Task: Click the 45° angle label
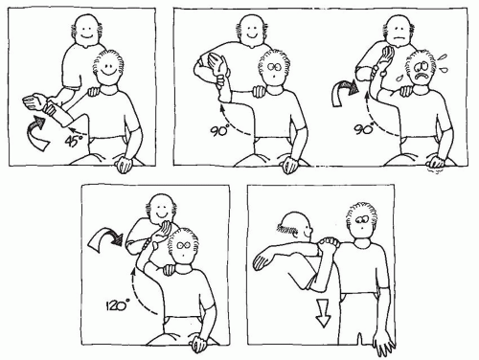(x=74, y=142)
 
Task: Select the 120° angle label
(x=116, y=305)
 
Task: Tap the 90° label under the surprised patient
(x=219, y=130)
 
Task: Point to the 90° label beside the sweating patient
(x=364, y=129)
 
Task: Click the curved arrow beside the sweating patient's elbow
(x=345, y=92)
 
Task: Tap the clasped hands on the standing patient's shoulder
(x=328, y=245)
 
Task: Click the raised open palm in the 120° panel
(x=163, y=232)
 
